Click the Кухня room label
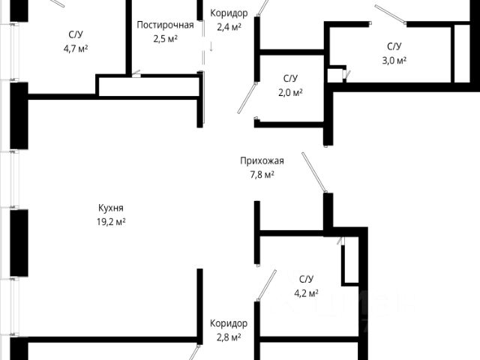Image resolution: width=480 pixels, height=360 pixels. [x=110, y=208]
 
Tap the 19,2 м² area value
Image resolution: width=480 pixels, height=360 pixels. [x=110, y=222]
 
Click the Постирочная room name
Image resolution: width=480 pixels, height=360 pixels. [x=165, y=25]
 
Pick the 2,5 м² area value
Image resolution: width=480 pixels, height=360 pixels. [x=165, y=38]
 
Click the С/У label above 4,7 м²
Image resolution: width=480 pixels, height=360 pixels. [x=76, y=34]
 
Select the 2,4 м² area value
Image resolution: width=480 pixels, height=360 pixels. [x=229, y=27]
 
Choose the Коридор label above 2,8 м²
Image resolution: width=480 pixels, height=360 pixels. [x=229, y=323]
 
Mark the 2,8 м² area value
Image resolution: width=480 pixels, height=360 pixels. [x=229, y=337]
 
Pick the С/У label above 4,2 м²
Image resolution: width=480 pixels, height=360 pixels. [x=306, y=279]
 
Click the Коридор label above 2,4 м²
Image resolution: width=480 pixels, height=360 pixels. [x=229, y=13]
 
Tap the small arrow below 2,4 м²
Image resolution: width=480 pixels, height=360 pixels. [x=211, y=46]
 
